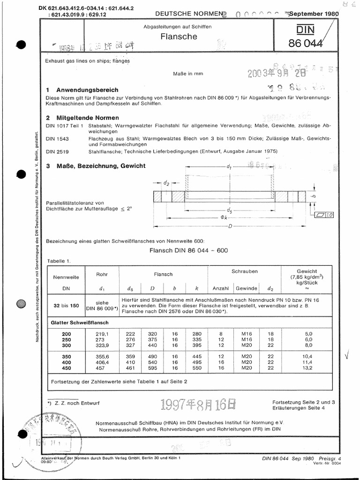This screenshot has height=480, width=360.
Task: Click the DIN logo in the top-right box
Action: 305,31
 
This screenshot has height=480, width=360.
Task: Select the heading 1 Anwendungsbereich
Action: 89,90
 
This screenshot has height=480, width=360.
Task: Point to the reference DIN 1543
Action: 58,139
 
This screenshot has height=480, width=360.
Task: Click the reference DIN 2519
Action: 58,152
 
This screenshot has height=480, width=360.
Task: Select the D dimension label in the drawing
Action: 230,227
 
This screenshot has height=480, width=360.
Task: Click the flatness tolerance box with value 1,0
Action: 323,215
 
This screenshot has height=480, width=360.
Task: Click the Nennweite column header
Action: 66,277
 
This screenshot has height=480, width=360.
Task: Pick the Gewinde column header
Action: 246,288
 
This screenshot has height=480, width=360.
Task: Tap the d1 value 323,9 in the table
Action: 102,346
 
